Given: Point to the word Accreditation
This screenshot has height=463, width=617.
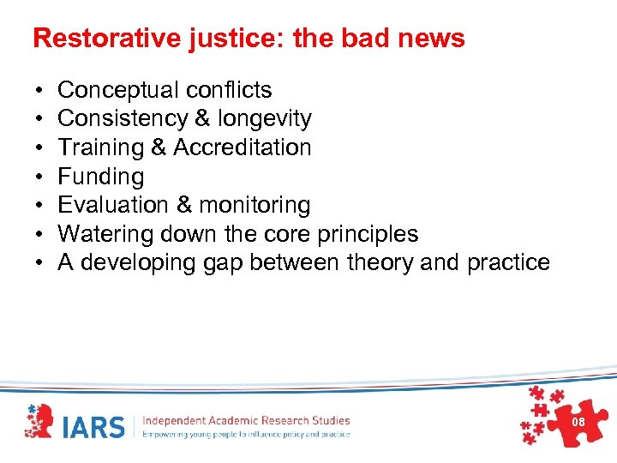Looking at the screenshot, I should pyautogui.click(x=243, y=147).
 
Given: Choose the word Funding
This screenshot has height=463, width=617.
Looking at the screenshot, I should pyautogui.click(x=100, y=177).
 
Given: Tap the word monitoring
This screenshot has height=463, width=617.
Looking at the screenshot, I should pyautogui.click(x=255, y=205).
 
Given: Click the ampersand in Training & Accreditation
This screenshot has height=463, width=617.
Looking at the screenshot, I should pyautogui.click(x=159, y=147).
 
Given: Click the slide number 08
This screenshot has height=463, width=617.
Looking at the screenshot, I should pyautogui.click(x=578, y=423).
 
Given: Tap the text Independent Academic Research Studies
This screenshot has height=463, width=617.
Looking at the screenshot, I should pyautogui.click(x=246, y=420).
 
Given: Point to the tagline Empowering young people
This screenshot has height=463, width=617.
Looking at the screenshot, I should pyautogui.click(x=246, y=435).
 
